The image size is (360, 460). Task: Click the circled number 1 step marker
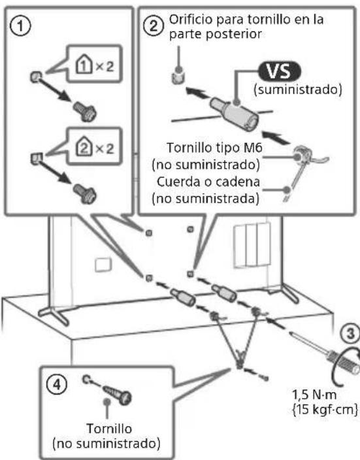point(20,26)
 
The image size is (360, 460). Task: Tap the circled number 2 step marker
point(153,26)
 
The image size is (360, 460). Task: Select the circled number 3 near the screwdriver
point(351,334)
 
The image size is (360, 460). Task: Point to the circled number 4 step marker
point(57,384)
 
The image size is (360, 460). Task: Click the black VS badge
point(280,71)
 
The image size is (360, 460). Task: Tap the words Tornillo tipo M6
point(214,148)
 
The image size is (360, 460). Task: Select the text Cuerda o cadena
point(208,182)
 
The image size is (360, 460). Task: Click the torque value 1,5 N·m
point(314,395)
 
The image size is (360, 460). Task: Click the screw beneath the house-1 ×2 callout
point(85,112)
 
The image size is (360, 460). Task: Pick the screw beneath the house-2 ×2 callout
point(85,194)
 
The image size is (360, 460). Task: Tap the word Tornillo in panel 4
point(109,429)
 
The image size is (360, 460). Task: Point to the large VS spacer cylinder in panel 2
point(235,113)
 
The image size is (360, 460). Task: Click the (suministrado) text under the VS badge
point(298,90)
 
